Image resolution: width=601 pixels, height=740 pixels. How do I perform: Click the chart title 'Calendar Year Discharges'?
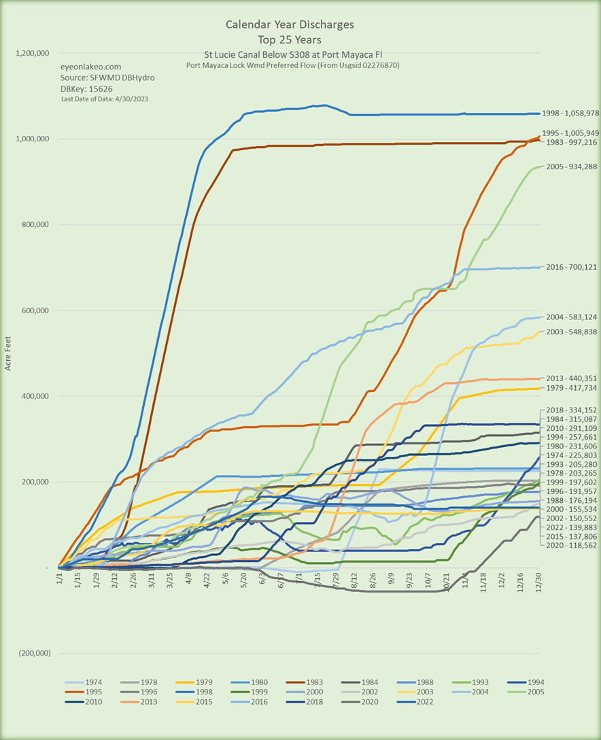coord(290,24)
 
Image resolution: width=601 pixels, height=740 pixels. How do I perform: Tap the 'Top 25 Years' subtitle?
coord(290,39)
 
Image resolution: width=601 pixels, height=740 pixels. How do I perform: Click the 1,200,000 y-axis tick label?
coord(31,53)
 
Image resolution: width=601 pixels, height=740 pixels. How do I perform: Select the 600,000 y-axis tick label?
coord(35,311)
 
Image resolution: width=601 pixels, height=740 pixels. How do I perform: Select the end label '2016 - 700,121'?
coord(572,268)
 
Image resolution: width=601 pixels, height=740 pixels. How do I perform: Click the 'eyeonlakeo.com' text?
coord(92,67)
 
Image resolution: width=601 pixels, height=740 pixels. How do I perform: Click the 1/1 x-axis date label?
coord(60,582)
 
